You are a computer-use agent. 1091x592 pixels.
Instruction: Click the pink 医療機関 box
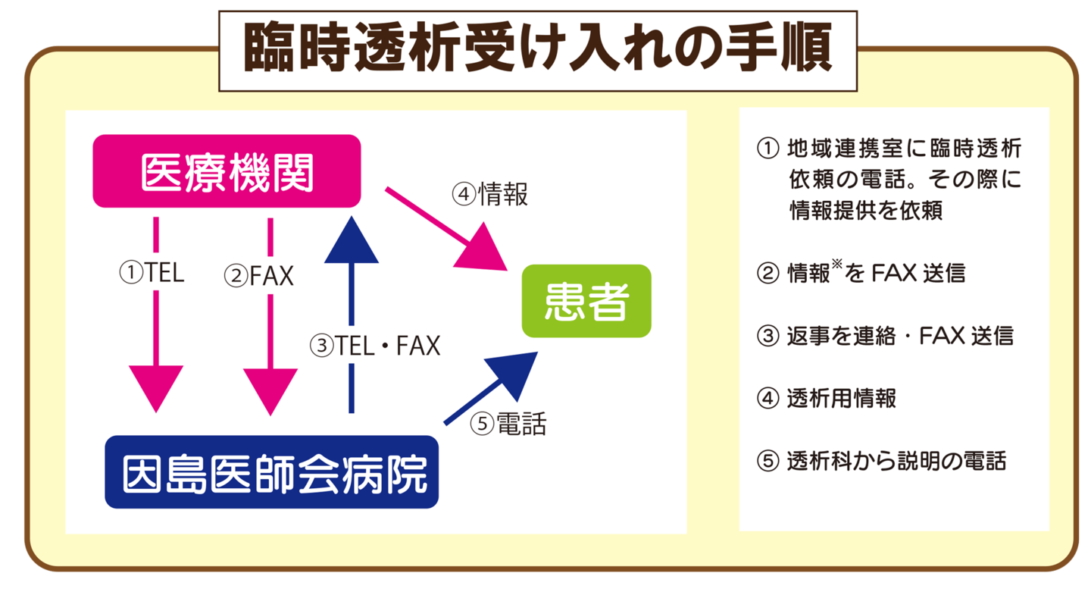coord(227,171)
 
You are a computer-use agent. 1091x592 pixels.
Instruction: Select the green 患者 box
coord(586,301)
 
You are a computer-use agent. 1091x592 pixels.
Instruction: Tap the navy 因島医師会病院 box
coord(271,471)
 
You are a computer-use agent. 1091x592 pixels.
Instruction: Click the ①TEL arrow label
coord(152,273)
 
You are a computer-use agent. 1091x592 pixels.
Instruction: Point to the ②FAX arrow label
coord(258,276)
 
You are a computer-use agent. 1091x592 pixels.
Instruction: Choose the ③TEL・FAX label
coord(375,346)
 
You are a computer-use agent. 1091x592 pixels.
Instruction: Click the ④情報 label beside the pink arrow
coord(490,195)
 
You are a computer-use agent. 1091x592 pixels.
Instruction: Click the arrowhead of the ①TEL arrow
coord(156,387)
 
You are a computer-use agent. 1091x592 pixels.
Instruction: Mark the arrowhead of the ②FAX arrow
coord(270,389)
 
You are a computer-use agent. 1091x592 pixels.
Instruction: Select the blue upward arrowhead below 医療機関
coord(351,241)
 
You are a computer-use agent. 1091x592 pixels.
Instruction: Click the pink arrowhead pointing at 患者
coord(484,251)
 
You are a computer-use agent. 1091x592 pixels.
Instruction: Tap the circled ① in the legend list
coord(768,147)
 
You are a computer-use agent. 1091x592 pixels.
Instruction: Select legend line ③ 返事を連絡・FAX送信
coord(884,335)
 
